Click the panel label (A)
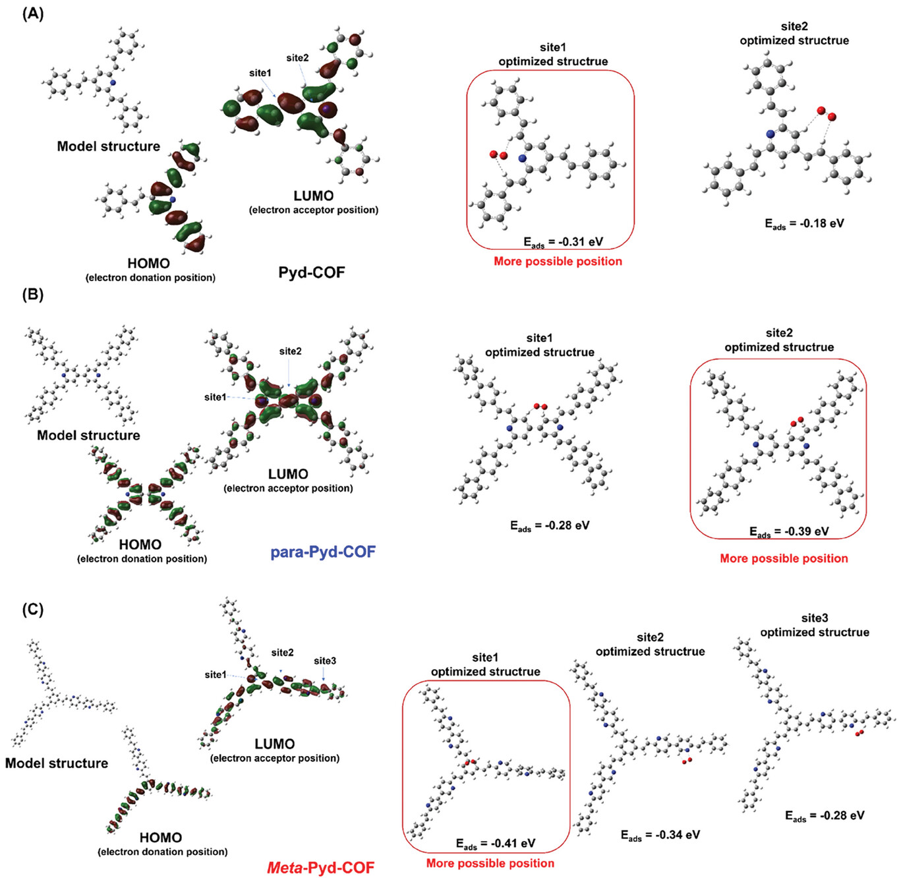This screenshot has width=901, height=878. (x=32, y=14)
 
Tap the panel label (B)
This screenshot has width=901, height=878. (x=32, y=294)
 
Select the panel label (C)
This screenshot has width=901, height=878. (x=32, y=608)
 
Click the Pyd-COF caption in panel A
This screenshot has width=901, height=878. (x=311, y=272)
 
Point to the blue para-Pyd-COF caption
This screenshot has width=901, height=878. (x=323, y=551)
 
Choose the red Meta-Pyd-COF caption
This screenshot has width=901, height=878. (x=320, y=867)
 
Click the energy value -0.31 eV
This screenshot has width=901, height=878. (x=563, y=242)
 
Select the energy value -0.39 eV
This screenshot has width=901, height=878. (x=789, y=531)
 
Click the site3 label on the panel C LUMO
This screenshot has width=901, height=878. (x=325, y=660)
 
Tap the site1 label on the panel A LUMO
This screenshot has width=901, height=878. (x=260, y=73)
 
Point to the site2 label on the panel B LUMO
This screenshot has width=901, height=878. (x=290, y=351)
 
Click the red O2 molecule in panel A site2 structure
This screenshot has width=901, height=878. (x=826, y=113)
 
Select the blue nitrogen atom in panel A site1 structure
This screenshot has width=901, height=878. (x=522, y=158)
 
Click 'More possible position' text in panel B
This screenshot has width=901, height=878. (x=784, y=558)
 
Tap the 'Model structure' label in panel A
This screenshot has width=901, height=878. (x=108, y=146)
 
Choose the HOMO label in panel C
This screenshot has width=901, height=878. (x=160, y=837)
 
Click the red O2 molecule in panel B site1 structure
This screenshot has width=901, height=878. (x=540, y=407)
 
